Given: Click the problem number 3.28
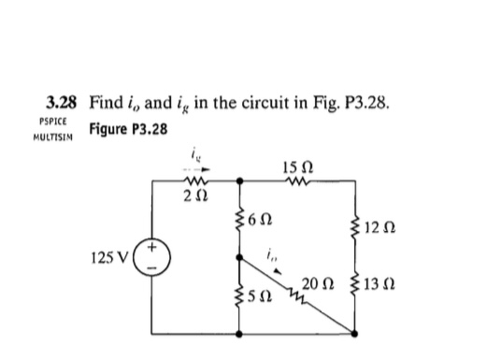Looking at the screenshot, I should pos(63,100).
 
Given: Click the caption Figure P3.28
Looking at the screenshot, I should pos(129,128).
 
